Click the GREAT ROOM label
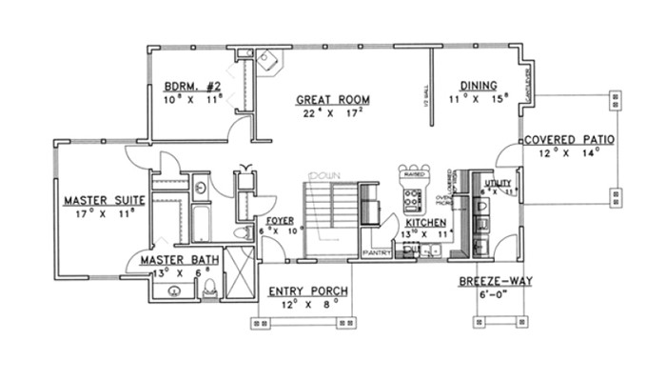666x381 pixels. pyautogui.click(x=332, y=99)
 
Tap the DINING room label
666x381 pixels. pyautogui.click(x=479, y=84)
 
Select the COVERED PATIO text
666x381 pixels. pyautogui.click(x=568, y=139)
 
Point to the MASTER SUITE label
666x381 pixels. pyautogui.click(x=104, y=201)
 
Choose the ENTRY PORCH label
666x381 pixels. pyautogui.click(x=307, y=291)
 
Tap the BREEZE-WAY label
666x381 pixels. pyautogui.click(x=494, y=282)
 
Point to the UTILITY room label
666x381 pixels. pyautogui.click(x=498, y=183)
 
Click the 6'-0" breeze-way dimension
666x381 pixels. pyautogui.click(x=494, y=295)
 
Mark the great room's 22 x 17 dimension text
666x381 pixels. pyautogui.click(x=332, y=113)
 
